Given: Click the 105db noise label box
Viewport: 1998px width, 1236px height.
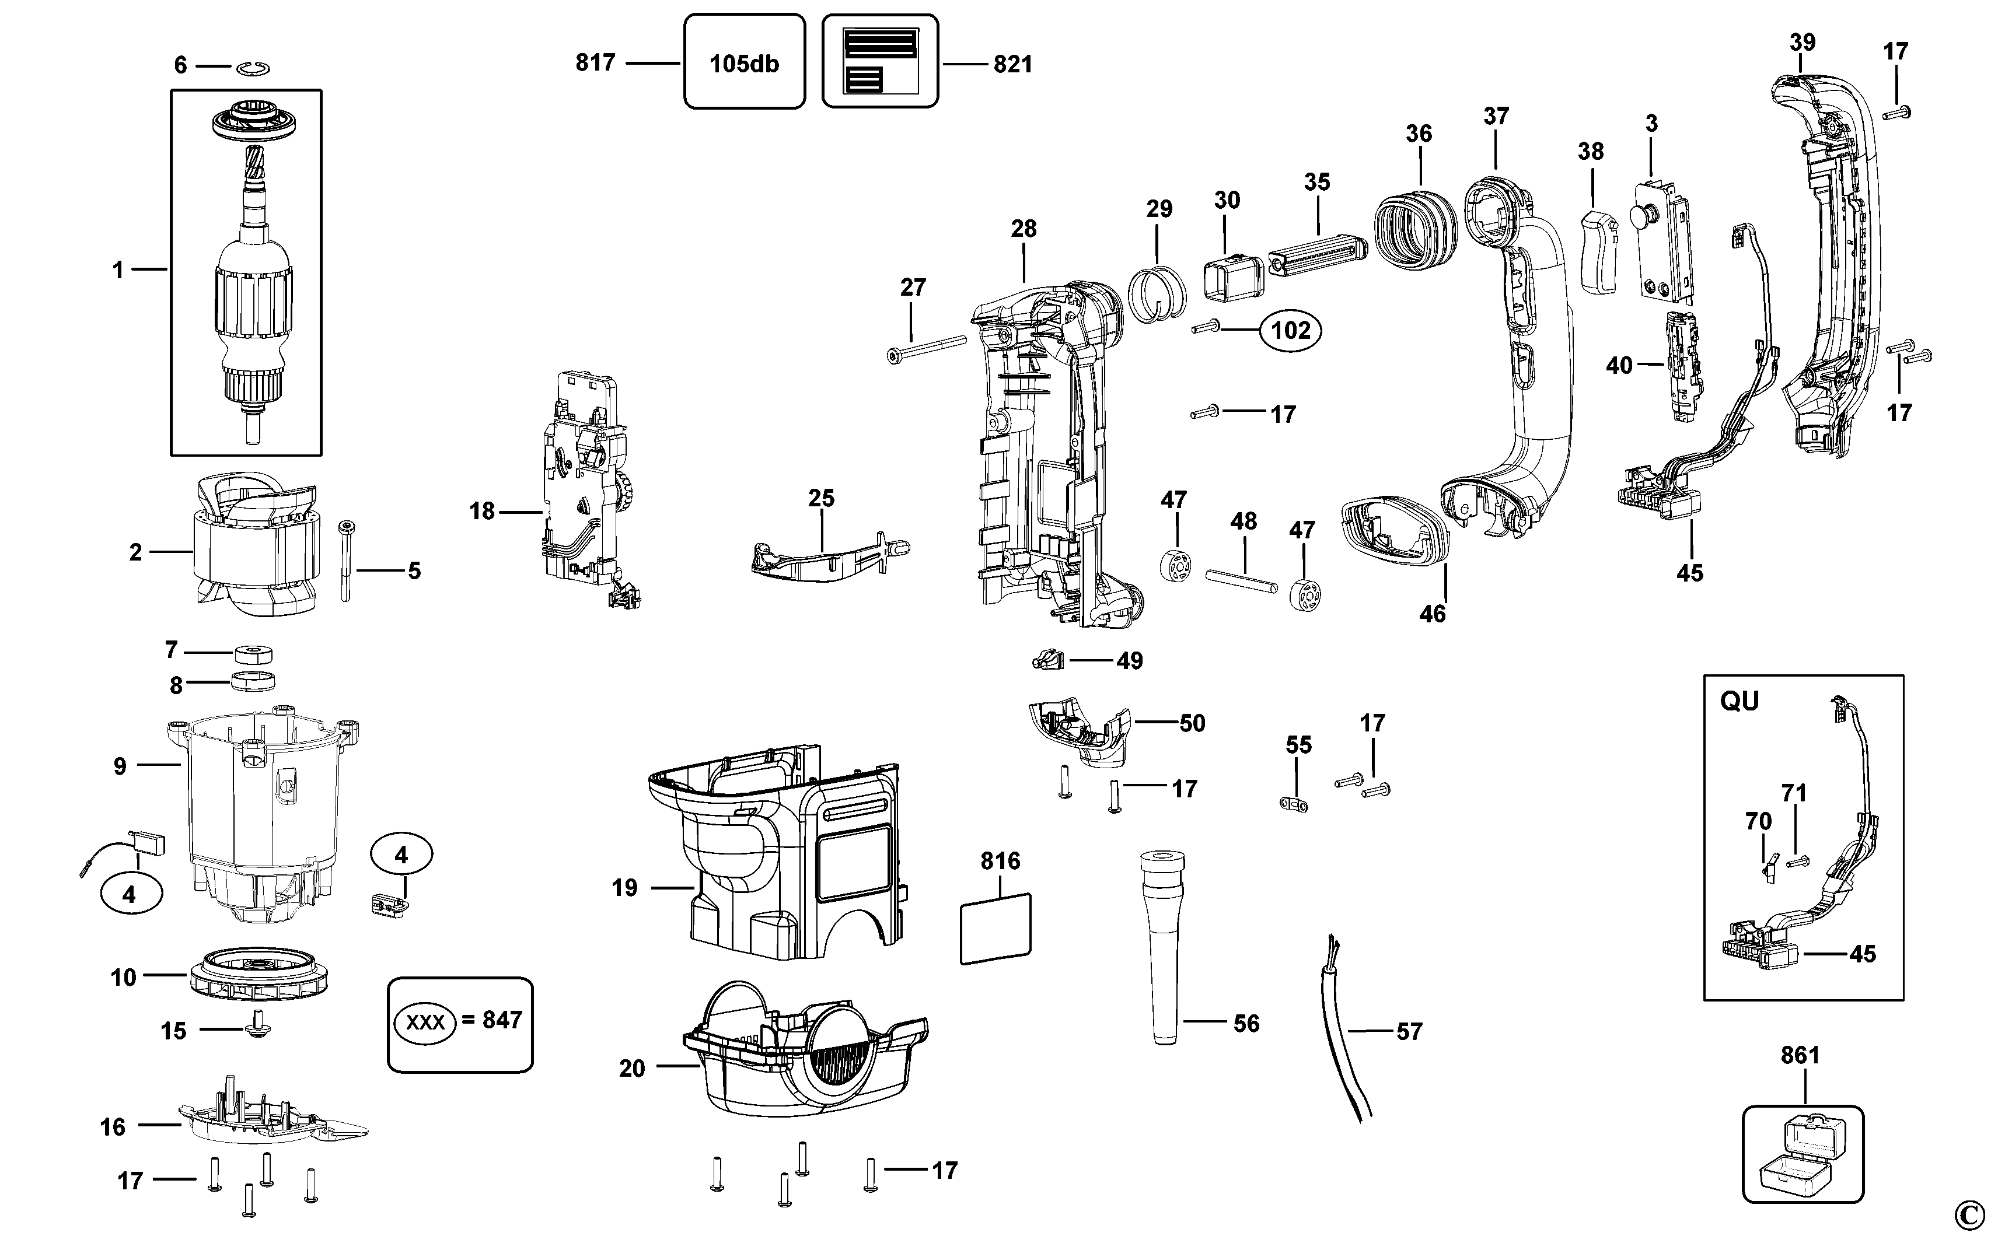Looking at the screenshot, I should [744, 62].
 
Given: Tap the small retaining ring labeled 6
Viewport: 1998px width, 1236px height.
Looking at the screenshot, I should [254, 69].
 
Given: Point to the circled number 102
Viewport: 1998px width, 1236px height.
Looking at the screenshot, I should [1291, 330].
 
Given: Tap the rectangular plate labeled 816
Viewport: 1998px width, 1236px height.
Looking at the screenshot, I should [995, 928].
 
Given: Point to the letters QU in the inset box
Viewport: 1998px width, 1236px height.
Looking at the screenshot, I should [1739, 701].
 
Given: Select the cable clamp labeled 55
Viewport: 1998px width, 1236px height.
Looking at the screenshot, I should [1294, 804].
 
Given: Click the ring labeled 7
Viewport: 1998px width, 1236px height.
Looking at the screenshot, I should [253, 654].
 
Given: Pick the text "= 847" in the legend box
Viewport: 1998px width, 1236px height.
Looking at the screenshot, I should [491, 1020].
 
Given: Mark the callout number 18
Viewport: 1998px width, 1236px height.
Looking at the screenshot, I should [482, 512].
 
